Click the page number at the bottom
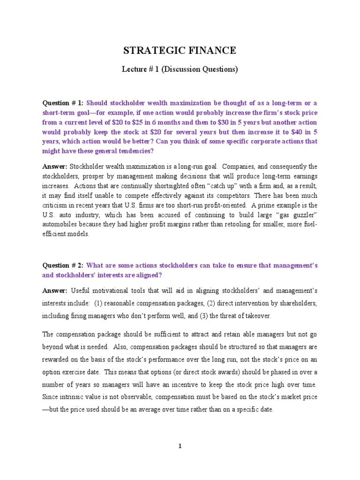point(180,446)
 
